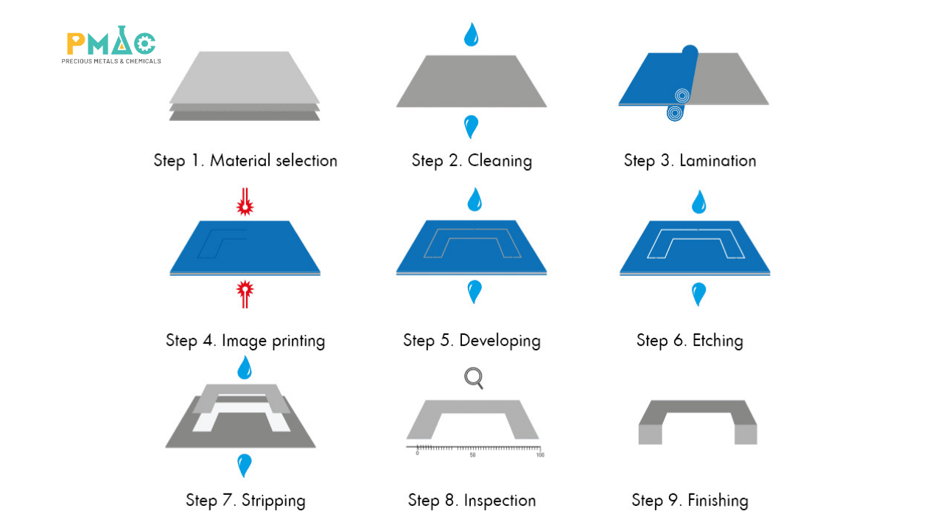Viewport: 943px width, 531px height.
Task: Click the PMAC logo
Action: pos(111,45)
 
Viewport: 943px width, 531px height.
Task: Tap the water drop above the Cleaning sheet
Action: pos(471,35)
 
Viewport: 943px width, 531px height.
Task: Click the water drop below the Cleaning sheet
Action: pos(471,127)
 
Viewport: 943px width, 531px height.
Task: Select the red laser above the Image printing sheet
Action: pos(245,202)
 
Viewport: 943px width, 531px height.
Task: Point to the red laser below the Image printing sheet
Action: pos(245,294)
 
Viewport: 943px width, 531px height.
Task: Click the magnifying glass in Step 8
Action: pos(474,378)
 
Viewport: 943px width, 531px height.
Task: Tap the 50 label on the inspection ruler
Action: pos(472,455)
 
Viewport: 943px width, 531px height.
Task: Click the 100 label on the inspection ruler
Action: pos(540,455)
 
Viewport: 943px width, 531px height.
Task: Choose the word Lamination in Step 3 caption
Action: pos(718,161)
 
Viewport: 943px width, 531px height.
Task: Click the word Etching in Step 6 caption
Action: pos(718,341)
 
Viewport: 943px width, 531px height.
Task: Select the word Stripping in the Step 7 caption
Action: pos(273,501)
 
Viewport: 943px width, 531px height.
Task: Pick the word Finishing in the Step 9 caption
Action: pos(718,501)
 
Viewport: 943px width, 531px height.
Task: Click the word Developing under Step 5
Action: pos(499,341)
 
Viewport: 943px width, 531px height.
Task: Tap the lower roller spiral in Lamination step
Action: pos(675,113)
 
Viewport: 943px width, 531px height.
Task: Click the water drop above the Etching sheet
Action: pos(699,202)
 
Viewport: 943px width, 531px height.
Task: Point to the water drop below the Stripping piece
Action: pos(244,465)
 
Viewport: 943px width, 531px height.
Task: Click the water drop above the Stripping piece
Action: pos(245,368)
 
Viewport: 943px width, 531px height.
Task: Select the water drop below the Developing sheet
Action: pos(474,291)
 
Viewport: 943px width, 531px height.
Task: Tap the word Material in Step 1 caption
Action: pos(240,161)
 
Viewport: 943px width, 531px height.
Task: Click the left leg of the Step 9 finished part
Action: pos(651,434)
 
